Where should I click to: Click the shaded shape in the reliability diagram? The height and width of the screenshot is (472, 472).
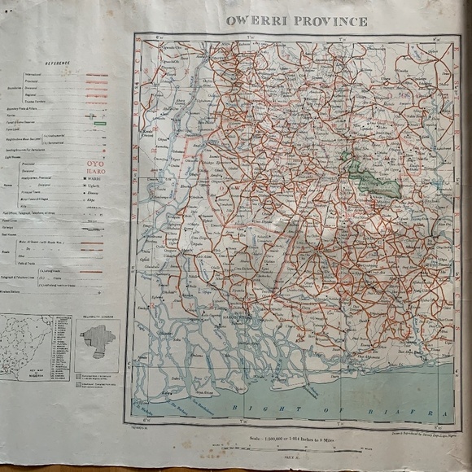97,341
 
